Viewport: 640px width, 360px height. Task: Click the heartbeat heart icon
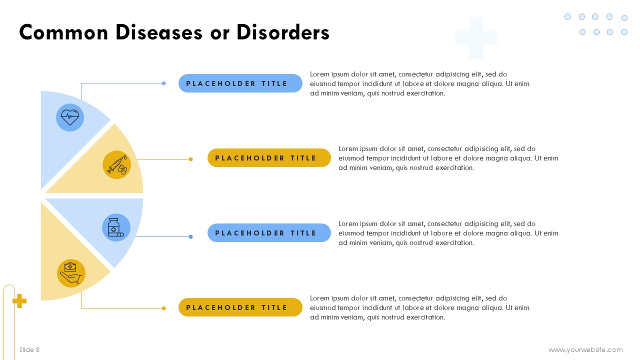70,117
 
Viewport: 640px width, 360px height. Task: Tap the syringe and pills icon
117,165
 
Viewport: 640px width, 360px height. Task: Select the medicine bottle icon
115,227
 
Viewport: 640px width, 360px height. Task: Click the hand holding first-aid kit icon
71,273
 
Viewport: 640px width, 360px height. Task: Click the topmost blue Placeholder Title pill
240,83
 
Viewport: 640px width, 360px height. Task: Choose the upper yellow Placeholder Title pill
269,157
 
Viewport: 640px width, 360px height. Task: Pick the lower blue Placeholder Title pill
269,233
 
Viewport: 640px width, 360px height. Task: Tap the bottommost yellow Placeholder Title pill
240,307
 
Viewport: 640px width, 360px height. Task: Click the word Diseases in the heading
159,32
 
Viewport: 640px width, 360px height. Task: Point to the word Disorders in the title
283,32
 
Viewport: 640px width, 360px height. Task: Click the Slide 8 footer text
29,349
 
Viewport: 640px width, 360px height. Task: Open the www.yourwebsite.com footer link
585,349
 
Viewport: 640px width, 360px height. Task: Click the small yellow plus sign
19,301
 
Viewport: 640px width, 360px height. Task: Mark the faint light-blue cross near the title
476,37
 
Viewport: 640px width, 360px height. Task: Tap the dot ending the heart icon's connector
163,83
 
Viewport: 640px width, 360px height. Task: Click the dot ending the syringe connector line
191,159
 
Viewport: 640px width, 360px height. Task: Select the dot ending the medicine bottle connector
191,236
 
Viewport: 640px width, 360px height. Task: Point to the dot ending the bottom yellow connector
163,308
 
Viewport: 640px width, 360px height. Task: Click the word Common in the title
63,32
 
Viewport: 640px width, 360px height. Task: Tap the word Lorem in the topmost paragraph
319,74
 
